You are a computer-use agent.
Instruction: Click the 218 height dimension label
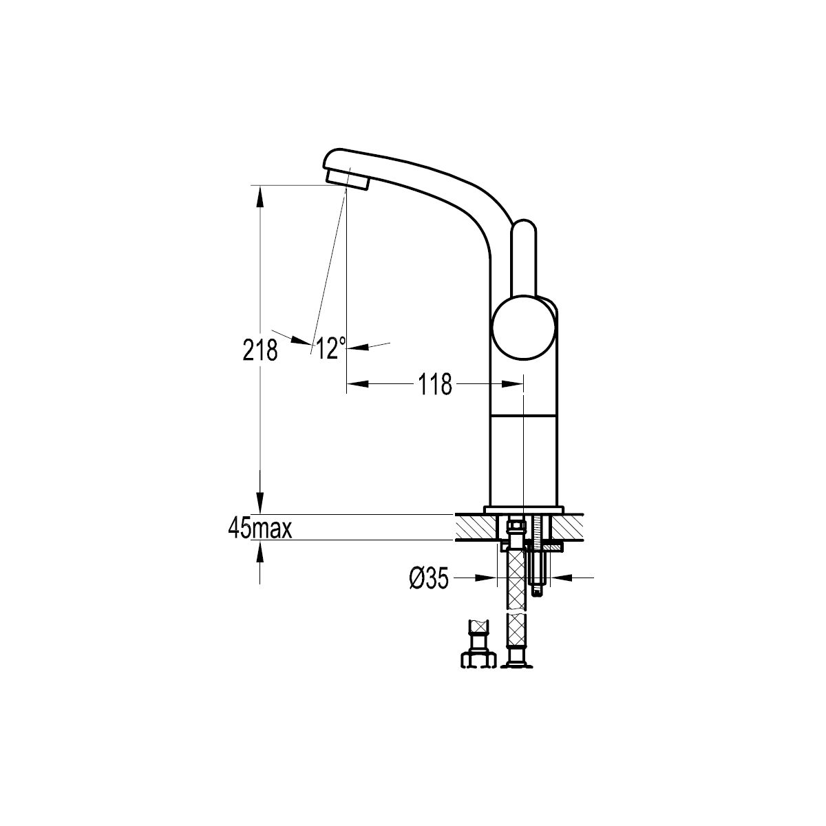pos(260,350)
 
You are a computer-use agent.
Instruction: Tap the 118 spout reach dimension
pos(435,384)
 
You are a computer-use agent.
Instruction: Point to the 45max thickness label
pos(260,529)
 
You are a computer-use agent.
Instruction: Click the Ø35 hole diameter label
pos(429,578)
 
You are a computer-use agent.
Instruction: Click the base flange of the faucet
pos(524,509)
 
